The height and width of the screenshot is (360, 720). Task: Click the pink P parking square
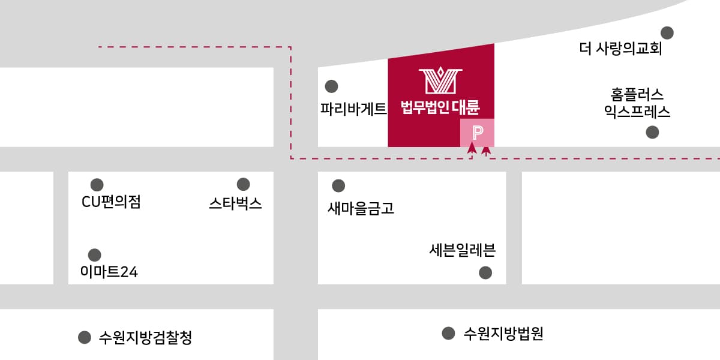click(x=478, y=133)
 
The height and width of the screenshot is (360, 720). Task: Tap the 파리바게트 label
click(x=353, y=109)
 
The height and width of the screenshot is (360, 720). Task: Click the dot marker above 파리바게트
click(x=331, y=86)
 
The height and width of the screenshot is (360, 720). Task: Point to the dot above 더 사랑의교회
click(x=667, y=32)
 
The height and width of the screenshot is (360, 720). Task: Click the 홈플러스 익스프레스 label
click(x=637, y=103)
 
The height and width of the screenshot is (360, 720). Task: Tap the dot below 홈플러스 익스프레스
click(x=652, y=133)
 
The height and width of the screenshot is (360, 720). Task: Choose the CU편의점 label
click(x=111, y=202)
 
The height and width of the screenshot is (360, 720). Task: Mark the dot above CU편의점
click(x=97, y=184)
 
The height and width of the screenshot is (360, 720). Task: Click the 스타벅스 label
click(x=235, y=203)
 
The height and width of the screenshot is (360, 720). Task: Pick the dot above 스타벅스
click(x=243, y=184)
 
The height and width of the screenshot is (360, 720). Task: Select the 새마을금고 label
click(x=361, y=208)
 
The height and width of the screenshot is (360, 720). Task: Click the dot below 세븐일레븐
click(x=485, y=273)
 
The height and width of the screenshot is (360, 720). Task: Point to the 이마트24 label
click(x=109, y=272)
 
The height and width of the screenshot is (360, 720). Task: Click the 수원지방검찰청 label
click(x=145, y=338)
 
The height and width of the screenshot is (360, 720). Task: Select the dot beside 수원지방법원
click(x=448, y=333)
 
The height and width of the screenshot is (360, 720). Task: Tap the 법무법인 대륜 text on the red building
click(x=440, y=108)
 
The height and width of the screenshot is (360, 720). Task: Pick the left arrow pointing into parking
click(x=472, y=148)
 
